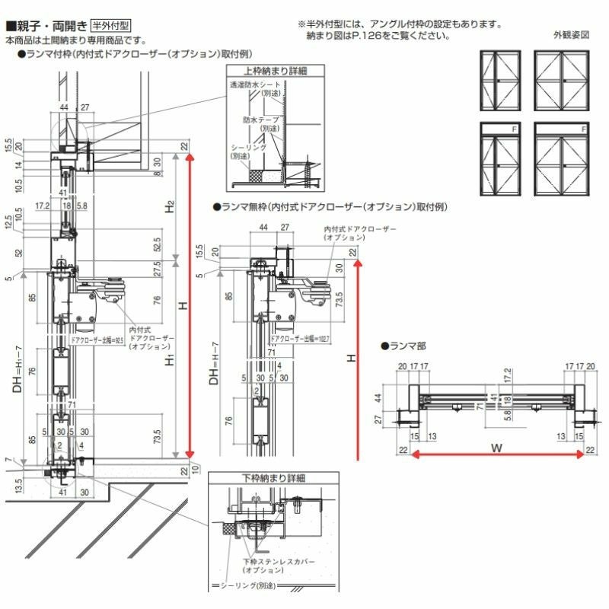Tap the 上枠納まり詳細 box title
point(266,71)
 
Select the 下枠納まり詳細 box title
point(257,479)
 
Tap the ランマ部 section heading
point(403,346)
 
